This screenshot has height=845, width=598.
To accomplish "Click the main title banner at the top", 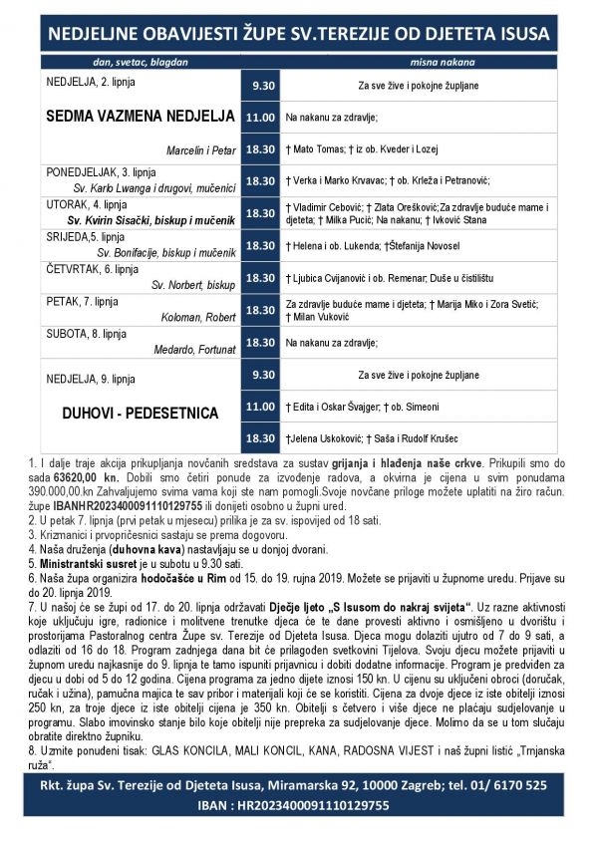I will pos(299,34).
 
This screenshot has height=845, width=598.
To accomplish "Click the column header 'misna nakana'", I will pos(418,62).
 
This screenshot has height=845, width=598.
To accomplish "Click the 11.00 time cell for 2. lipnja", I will pos(260,118).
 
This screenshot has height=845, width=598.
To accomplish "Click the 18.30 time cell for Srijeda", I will pos(260,245).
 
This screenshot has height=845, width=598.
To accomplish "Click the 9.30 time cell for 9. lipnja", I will pos(260,375).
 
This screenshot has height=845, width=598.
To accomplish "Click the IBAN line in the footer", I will pos(299,805).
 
